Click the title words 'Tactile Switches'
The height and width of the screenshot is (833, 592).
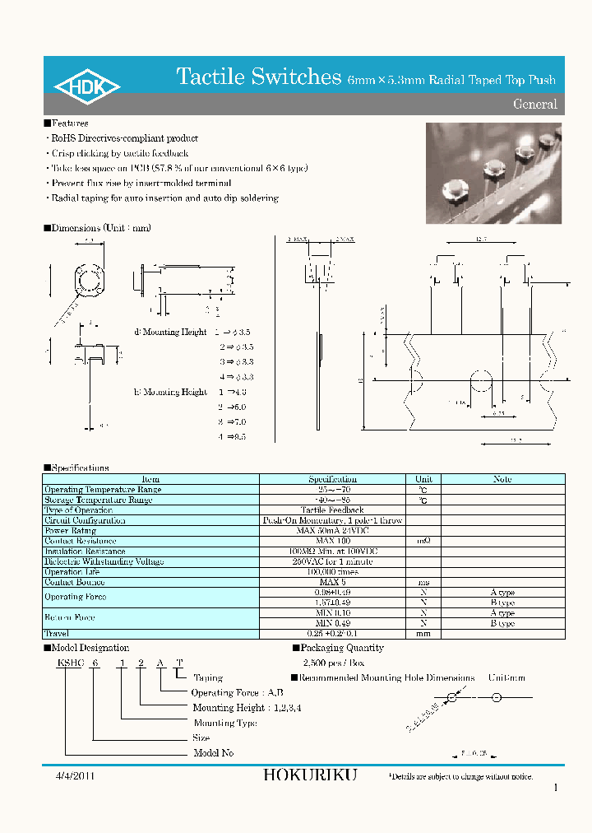(259, 77)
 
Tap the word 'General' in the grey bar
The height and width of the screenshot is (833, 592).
(534, 105)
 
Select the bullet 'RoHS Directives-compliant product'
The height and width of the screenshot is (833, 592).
(124, 138)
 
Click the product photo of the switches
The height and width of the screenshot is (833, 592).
(493, 173)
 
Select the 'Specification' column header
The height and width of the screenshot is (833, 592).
(332, 479)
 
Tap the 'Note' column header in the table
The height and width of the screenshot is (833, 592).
(502, 479)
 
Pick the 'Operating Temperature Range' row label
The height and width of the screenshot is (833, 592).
(103, 490)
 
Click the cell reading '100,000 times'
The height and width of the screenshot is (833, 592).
(332, 571)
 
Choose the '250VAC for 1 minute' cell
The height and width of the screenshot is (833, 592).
(332, 561)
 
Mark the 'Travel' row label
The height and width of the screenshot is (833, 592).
(57, 634)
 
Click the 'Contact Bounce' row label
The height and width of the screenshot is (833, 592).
(76, 582)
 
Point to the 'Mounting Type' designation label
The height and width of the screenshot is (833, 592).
(224, 723)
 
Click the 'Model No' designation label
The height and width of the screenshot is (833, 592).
(213, 753)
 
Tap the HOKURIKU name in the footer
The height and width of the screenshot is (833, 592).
(311, 775)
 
